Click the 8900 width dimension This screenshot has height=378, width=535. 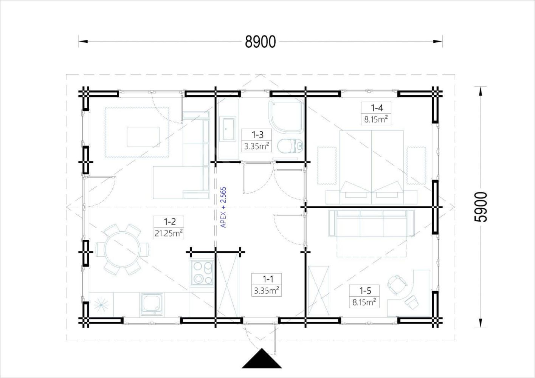(261, 42)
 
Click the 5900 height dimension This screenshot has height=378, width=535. (480, 207)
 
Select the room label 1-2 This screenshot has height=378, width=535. (170, 222)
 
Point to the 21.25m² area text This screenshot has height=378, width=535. (169, 233)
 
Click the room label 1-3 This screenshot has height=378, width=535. (257, 135)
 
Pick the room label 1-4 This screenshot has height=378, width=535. (377, 108)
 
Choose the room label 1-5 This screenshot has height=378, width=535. (365, 291)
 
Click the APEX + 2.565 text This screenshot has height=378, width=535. (223, 207)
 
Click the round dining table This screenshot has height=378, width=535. (122, 250)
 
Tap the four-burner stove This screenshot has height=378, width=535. (202, 273)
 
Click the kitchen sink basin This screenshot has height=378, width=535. (152, 304)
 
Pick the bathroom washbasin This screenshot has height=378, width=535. (229, 129)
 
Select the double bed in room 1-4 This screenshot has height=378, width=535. (371, 167)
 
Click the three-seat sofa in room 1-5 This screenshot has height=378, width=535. (371, 223)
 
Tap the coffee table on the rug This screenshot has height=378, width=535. (143, 137)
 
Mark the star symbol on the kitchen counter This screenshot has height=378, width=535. (101, 305)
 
